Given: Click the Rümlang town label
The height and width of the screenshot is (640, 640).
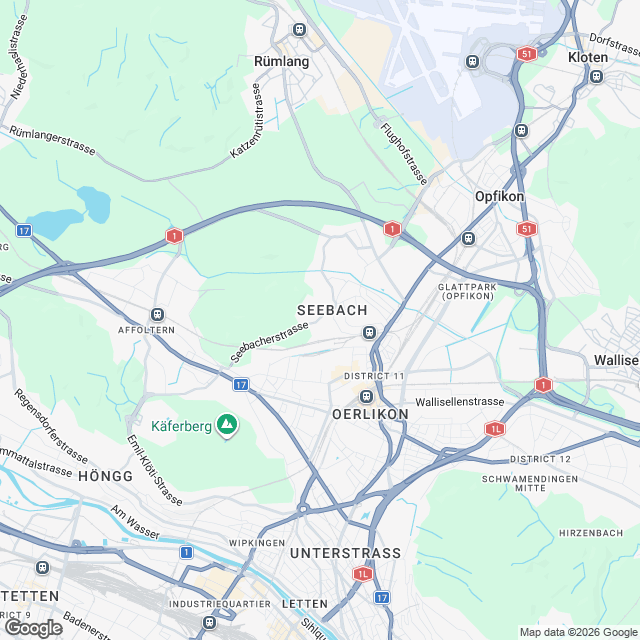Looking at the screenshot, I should coord(282,61).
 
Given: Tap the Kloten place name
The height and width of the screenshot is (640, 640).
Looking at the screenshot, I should coord(587,58).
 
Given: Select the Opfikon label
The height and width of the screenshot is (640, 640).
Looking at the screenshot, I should coord(499,197).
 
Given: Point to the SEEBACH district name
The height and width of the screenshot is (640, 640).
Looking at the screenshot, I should coord(333,310).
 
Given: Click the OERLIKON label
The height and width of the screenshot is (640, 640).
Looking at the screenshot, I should coord(370,413).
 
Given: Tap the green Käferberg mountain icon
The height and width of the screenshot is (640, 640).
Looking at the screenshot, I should coord(228,426).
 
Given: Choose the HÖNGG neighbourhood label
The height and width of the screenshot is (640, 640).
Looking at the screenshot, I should coord(104,477).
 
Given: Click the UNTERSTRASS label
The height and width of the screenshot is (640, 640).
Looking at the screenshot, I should coord(345,553).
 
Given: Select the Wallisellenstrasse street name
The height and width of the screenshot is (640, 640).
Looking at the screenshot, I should coord(460,401).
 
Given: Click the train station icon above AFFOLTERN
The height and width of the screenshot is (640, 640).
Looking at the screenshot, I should coord(156,314).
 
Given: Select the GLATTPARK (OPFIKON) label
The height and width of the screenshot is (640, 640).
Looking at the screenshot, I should coord(467,291).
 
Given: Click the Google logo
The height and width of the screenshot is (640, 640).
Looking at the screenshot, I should coord(33,627).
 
